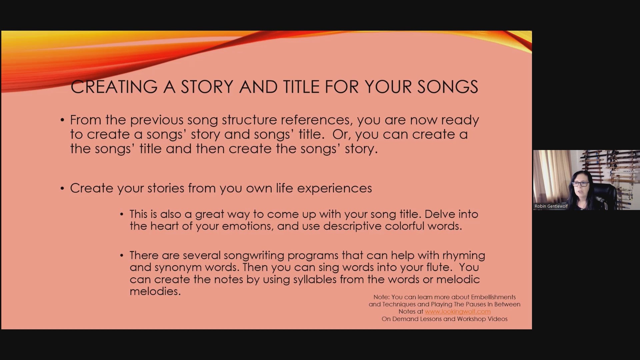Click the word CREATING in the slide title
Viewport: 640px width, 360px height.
coord(114,87)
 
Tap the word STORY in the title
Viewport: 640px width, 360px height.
coord(207,87)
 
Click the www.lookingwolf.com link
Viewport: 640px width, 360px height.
coord(458,311)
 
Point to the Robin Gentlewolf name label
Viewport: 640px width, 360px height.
coord(551,206)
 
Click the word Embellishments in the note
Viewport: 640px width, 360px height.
coord(488,297)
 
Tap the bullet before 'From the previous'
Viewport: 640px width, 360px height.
coord(62,120)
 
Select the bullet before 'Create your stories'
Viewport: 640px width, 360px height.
coord(62,188)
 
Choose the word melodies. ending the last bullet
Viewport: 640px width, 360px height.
coord(155,291)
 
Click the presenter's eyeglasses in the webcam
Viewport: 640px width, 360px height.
coord(580,184)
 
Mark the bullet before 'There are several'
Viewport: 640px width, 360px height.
coord(122,256)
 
